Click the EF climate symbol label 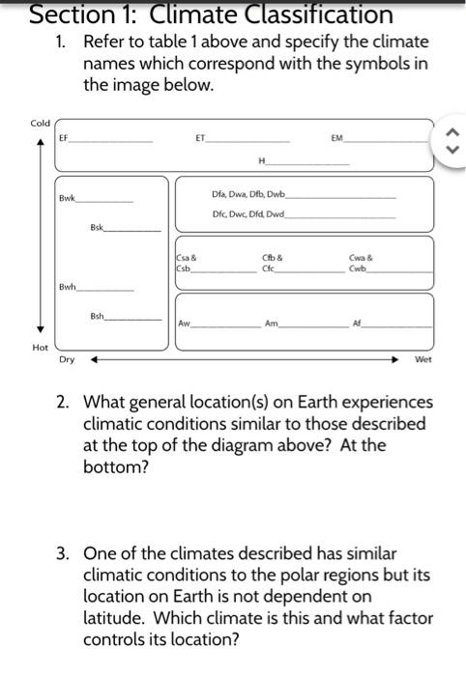pyautogui.click(x=64, y=139)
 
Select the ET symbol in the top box pyautogui.click(x=200, y=139)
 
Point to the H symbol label pyautogui.click(x=261, y=159)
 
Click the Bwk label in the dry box pyautogui.click(x=67, y=198)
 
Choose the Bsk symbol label pyautogui.click(x=96, y=229)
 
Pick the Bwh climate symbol pyautogui.click(x=67, y=286)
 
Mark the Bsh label pyautogui.click(x=96, y=316)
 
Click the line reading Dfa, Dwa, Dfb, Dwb pyautogui.click(x=248, y=195)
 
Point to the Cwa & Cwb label pyautogui.click(x=360, y=263)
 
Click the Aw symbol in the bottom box pyautogui.click(x=184, y=325)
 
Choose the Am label pyautogui.click(x=272, y=325)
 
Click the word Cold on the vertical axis pyautogui.click(x=40, y=123)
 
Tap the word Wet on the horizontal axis pyautogui.click(x=422, y=359)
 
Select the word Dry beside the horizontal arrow pyautogui.click(x=67, y=359)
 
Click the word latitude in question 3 pyautogui.click(x=116, y=617)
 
